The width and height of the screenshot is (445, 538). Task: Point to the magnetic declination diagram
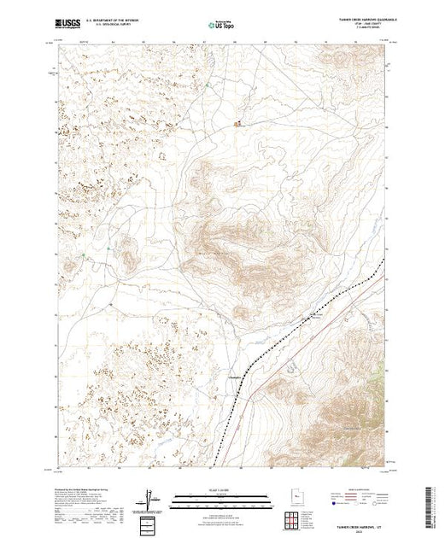pos(152,497)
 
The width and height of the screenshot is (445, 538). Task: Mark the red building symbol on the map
pos(238,122)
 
